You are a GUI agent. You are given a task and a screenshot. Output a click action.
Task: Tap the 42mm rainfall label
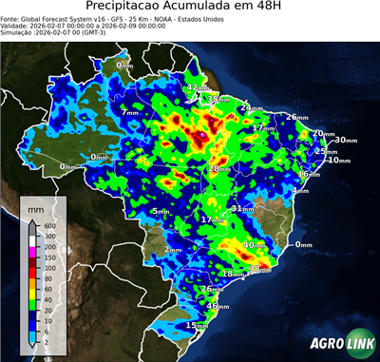click(194, 87)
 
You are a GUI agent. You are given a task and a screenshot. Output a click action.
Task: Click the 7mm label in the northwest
click(129, 113)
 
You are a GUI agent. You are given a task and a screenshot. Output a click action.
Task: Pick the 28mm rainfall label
click(217, 168)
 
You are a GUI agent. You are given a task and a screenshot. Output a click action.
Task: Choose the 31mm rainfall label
click(241, 208)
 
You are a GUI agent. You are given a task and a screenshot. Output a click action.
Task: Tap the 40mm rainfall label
click(255, 245)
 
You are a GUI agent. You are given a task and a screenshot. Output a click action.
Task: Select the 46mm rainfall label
click(218, 307)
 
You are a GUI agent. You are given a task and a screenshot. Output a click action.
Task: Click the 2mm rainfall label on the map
click(172, 249)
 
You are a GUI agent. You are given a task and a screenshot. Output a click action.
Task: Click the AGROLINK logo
click(340, 344)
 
